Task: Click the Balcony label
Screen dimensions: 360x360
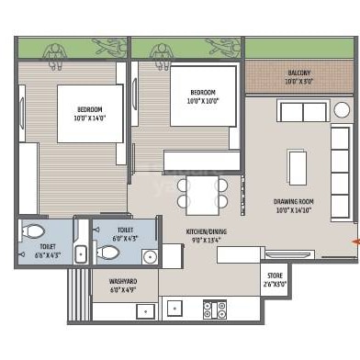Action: coord(298,73)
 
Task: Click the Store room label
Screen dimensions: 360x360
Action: coord(275,275)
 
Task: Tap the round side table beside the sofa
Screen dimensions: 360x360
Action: coord(342,110)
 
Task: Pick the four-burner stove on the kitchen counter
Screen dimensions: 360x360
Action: coord(215,309)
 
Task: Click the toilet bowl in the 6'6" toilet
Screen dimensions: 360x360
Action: coord(33,231)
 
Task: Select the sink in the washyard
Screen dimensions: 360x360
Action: coord(146,310)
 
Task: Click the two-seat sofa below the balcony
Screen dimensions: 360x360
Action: coord(303,112)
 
